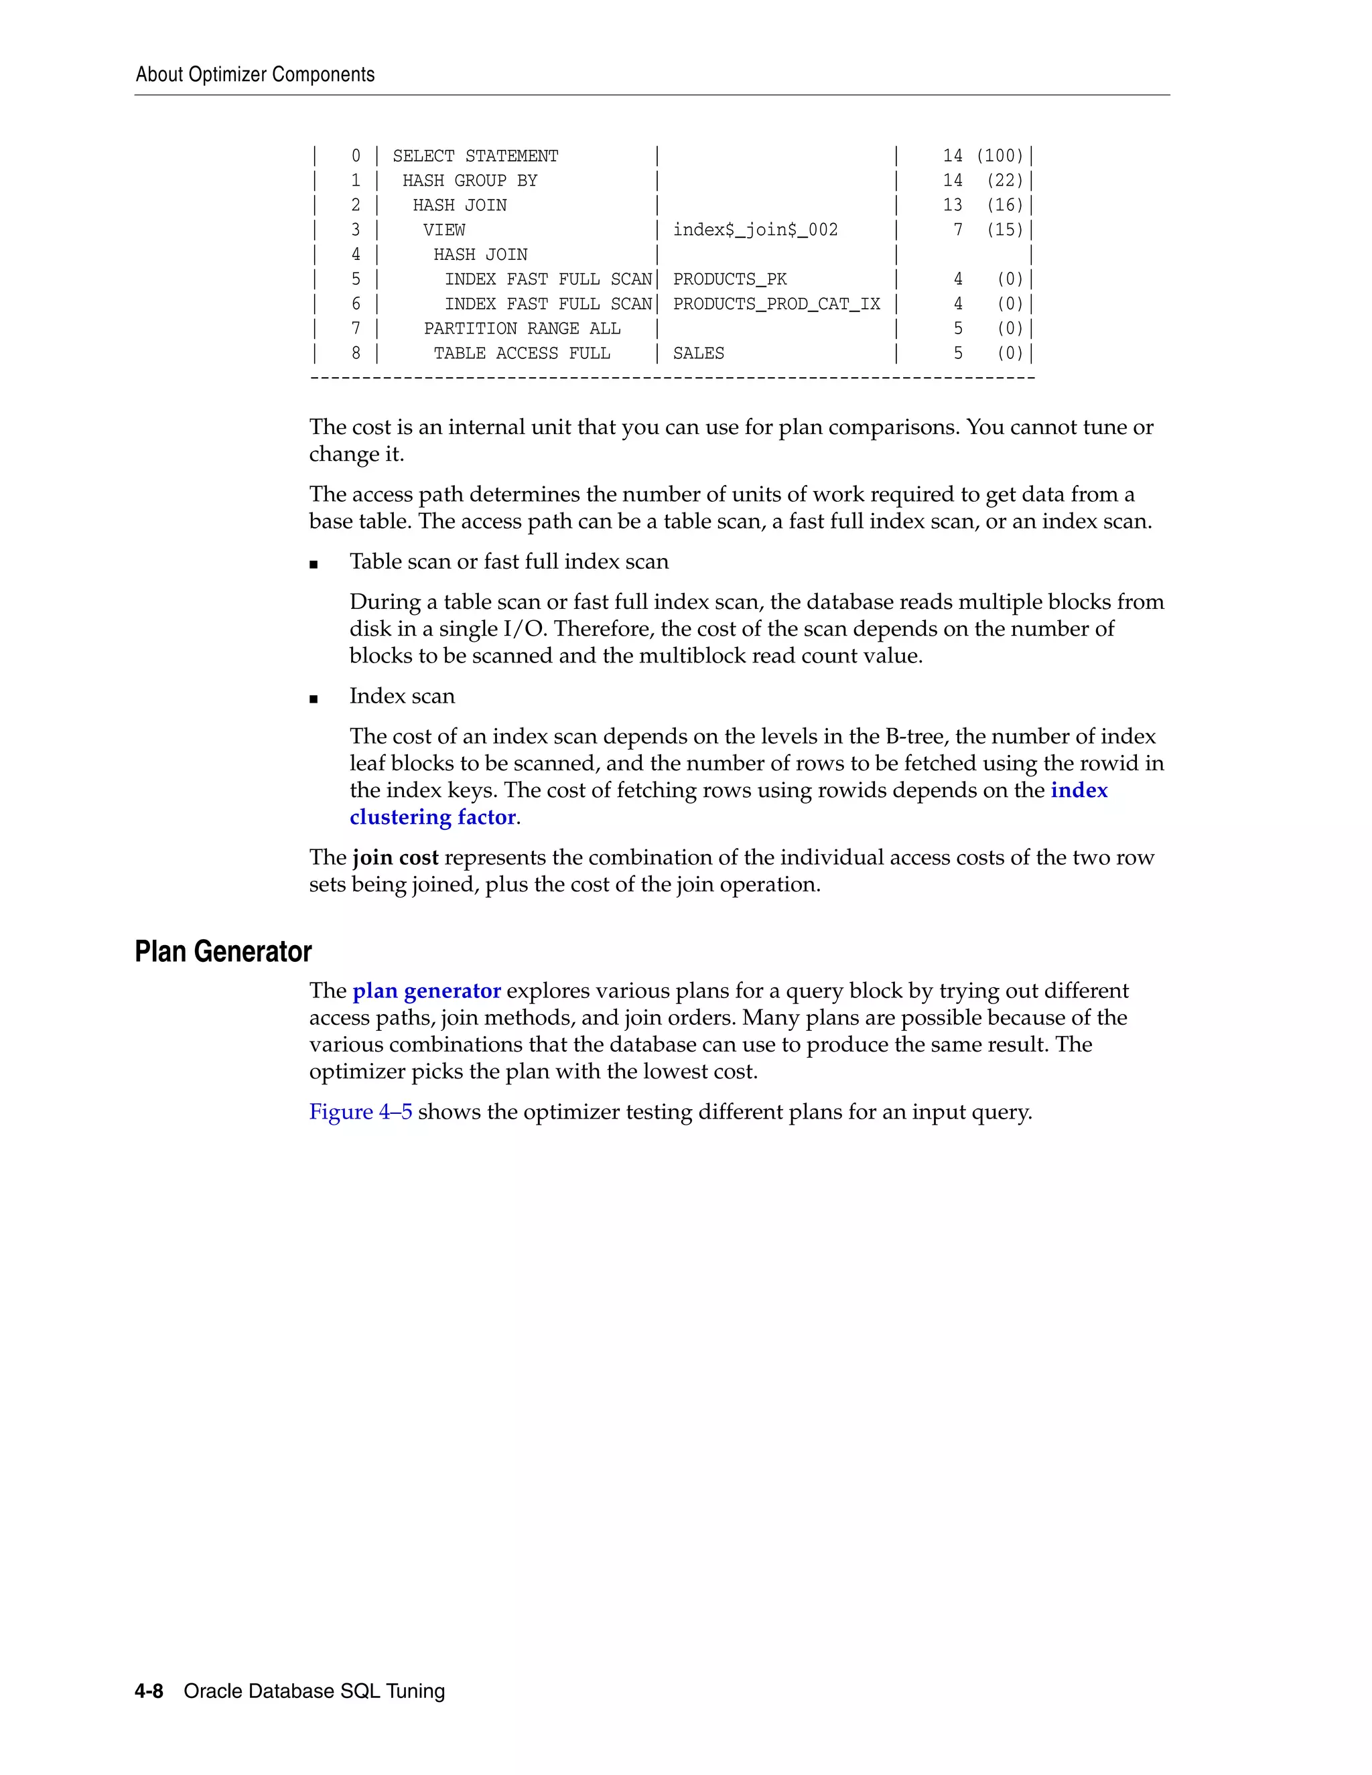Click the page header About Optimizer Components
tap(255, 75)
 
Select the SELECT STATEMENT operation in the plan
tap(475, 156)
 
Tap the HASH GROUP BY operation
tap(469, 180)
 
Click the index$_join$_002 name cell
tap(754, 230)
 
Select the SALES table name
tap(697, 354)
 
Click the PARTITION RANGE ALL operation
tap(521, 328)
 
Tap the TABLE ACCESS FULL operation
tap(521, 354)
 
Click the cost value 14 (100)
tap(982, 156)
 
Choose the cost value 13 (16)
tap(982, 206)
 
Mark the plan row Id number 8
tap(355, 354)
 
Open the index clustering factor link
tap(1078, 791)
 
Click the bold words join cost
tap(395, 857)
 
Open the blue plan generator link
tap(426, 991)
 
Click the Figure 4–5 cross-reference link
tap(360, 1112)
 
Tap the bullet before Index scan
tap(314, 698)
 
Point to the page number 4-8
tap(149, 1691)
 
